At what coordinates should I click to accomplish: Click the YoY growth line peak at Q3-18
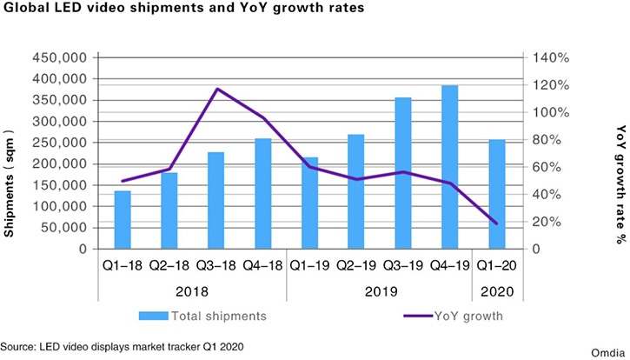point(216,89)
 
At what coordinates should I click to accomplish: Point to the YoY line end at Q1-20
point(496,223)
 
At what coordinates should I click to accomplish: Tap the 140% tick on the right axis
point(551,57)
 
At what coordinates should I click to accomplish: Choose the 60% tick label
point(547,167)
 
